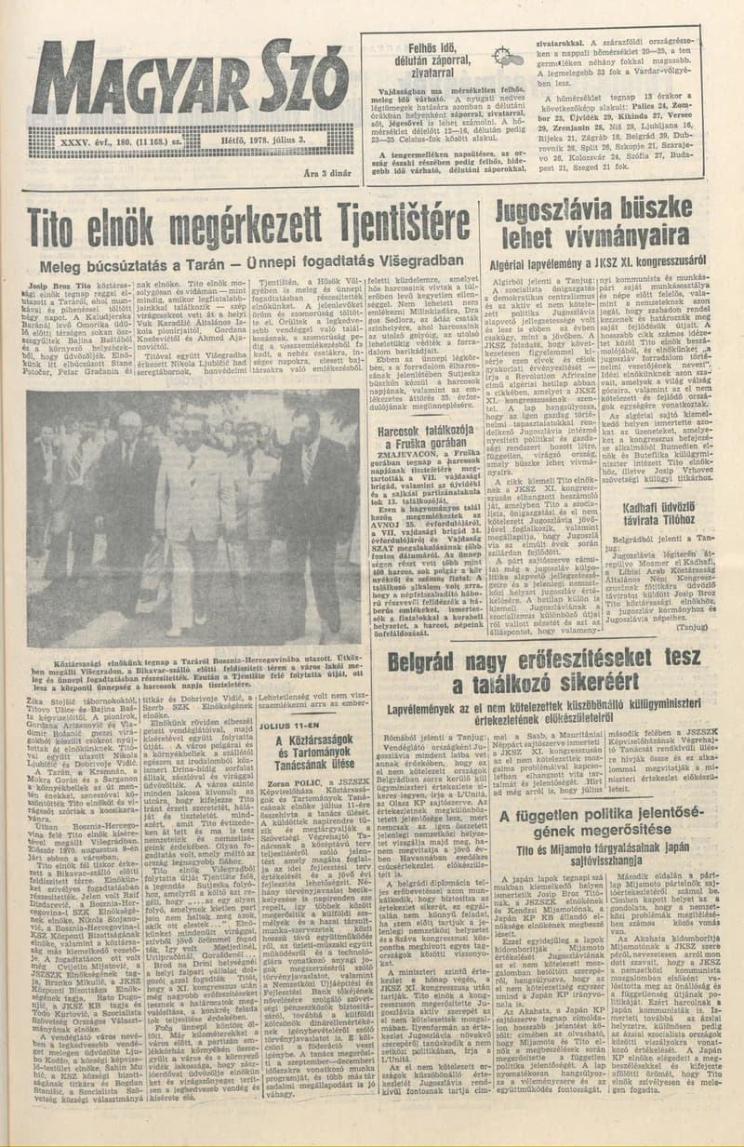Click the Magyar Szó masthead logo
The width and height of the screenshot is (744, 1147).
coord(191,85)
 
